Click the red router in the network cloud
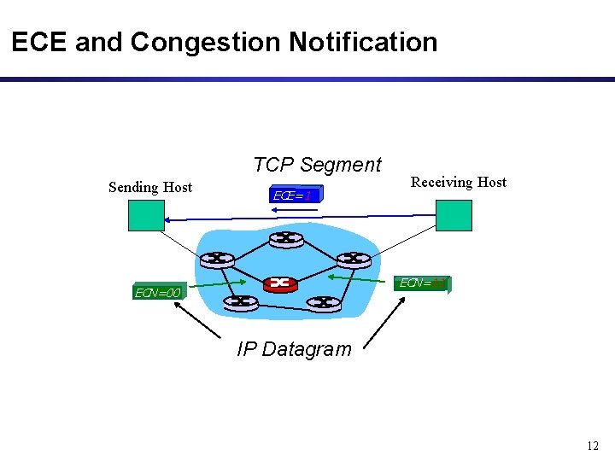click(x=279, y=283)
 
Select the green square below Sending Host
click(x=146, y=215)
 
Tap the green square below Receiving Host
click(x=454, y=215)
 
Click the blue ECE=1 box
click(x=296, y=195)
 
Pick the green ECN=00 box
click(x=158, y=293)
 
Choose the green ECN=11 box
click(x=424, y=283)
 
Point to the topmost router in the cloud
click(x=285, y=239)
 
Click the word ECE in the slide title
click(x=39, y=42)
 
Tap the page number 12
click(x=593, y=446)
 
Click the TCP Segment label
click(x=317, y=165)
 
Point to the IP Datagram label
click(x=294, y=349)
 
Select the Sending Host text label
click(x=150, y=187)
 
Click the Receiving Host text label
click(x=459, y=182)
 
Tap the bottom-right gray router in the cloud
click(x=324, y=301)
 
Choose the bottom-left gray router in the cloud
click(x=240, y=301)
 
